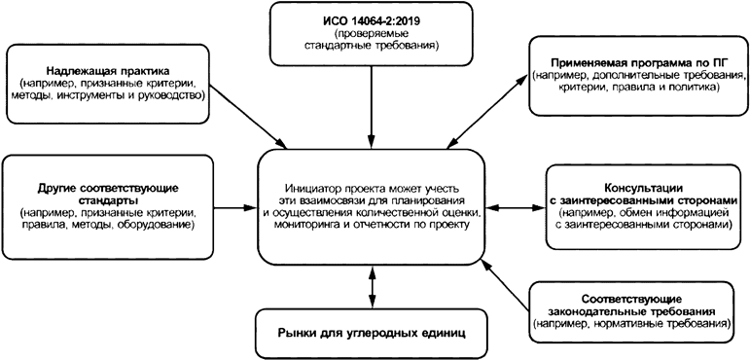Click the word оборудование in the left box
(x=158, y=225)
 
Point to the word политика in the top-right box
(x=695, y=87)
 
